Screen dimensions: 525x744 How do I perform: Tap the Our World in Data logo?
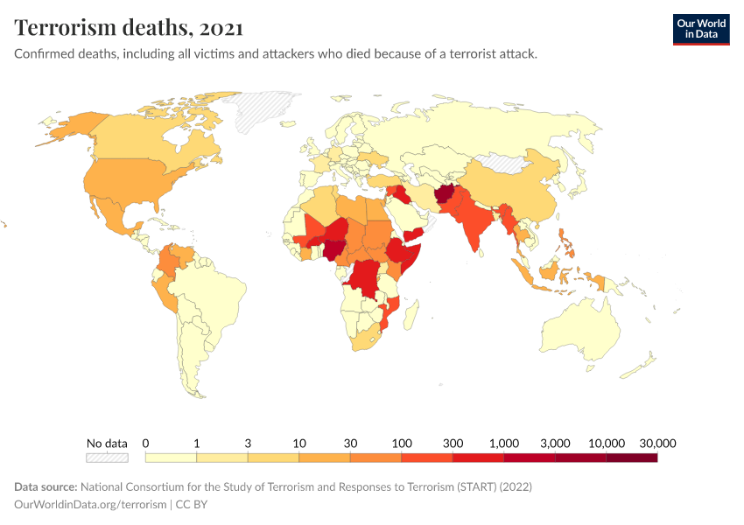coord(700,28)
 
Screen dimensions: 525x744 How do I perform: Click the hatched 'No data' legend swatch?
coord(107,457)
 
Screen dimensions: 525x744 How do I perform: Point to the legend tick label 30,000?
coord(657,443)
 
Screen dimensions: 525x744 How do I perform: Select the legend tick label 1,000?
coord(504,443)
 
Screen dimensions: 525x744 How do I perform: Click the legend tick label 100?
coord(402,443)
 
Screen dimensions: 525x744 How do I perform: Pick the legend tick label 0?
coord(145,443)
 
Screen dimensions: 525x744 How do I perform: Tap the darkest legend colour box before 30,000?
coord(631,457)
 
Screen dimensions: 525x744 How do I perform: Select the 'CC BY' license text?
coord(192,504)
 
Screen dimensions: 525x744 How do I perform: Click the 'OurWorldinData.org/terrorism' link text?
coord(90,504)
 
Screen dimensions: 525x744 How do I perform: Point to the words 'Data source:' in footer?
coord(45,486)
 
